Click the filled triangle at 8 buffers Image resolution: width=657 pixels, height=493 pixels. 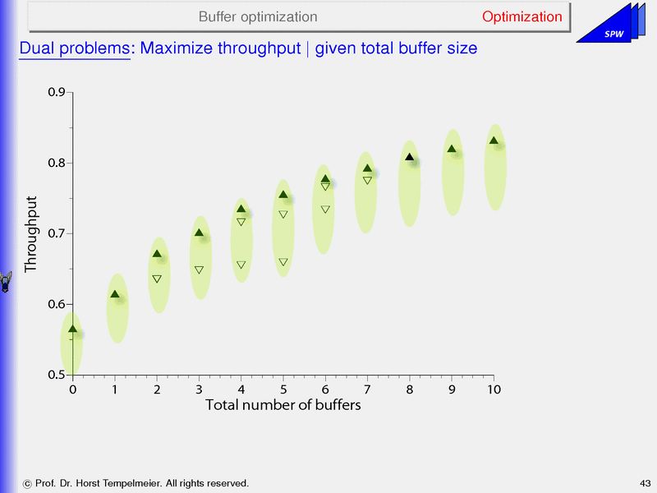409,157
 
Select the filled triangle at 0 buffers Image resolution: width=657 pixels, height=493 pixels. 72,329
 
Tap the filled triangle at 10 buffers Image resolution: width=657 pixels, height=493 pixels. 494,141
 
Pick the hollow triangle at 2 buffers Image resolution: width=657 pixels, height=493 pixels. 157,279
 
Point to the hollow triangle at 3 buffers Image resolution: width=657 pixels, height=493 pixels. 199,270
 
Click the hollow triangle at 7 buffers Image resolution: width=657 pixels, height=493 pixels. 367,180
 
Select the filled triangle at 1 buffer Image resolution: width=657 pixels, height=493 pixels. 115,294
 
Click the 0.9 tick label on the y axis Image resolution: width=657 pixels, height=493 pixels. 57,92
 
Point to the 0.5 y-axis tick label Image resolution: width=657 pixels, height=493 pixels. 57,376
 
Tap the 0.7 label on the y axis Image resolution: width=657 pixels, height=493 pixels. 57,234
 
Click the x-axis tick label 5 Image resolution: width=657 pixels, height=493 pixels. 283,389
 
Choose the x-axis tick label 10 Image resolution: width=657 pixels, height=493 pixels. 494,389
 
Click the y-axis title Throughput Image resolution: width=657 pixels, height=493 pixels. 31,234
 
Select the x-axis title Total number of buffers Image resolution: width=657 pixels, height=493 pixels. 283,405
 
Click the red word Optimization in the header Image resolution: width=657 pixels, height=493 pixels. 522,16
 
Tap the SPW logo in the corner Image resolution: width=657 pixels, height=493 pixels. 612,30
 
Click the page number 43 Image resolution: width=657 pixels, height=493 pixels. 644,482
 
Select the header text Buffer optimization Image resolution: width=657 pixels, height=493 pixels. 258,16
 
